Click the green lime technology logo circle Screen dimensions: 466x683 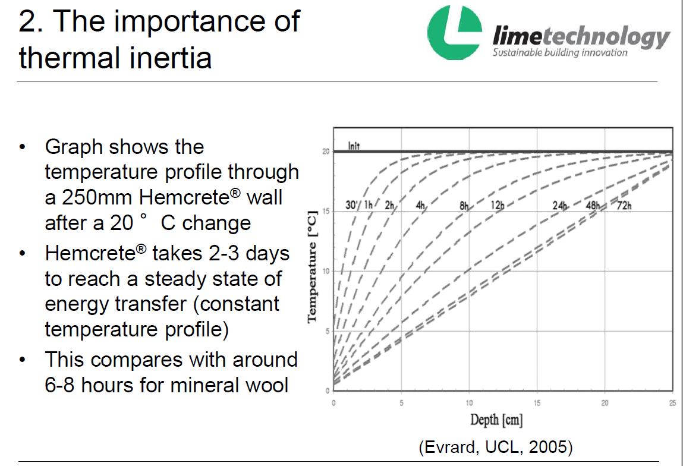tap(455, 33)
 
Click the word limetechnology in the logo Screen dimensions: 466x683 tap(581, 37)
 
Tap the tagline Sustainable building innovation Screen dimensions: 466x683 tap(559, 53)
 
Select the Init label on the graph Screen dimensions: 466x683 tap(354, 146)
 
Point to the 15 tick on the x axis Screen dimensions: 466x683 tap(537, 404)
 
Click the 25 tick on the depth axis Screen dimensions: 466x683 tap(672, 404)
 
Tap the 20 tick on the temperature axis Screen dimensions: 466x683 tap(326, 152)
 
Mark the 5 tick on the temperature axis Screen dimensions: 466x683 tap(326, 331)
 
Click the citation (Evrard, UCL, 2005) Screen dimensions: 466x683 tap(496, 448)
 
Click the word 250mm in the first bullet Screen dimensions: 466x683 tap(112, 197)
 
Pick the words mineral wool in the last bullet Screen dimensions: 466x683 tap(229, 385)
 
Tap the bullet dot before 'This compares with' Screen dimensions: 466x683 tap(23, 361)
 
